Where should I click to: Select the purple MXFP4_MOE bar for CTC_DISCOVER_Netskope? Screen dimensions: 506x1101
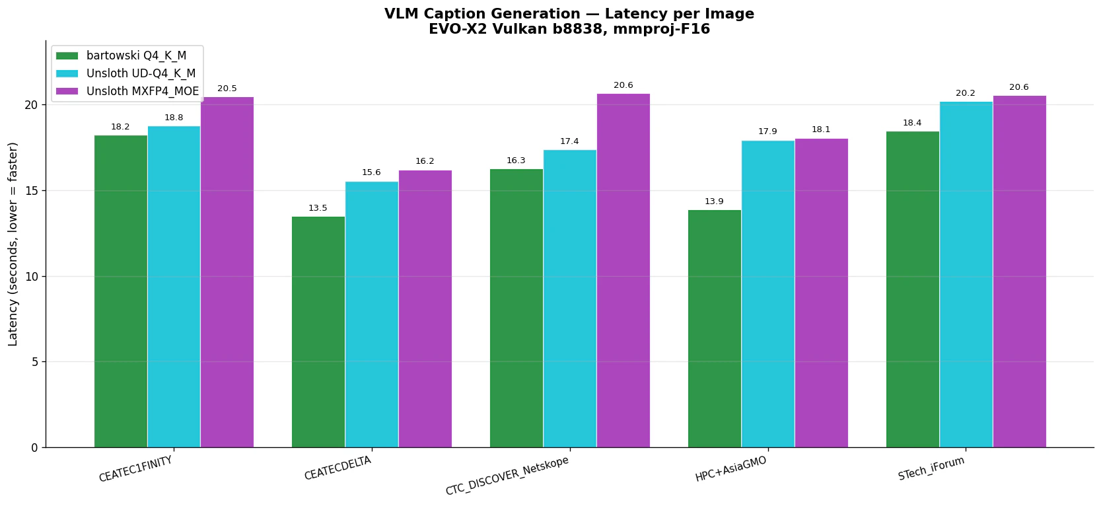[x=623, y=270]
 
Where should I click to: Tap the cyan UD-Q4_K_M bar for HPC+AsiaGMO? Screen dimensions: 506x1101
[x=767, y=294]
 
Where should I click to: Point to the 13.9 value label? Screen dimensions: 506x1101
[x=714, y=201]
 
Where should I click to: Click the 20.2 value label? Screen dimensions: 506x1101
[x=965, y=93]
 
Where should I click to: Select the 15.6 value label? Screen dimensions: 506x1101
[x=371, y=172]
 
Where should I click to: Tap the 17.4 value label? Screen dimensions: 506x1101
[x=569, y=141]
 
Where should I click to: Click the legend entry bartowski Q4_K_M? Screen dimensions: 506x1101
[x=136, y=55]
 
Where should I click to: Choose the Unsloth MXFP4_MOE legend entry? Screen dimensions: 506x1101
[x=142, y=91]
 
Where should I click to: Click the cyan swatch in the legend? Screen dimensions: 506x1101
[x=67, y=73]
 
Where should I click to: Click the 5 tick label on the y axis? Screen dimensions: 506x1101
[x=34, y=362]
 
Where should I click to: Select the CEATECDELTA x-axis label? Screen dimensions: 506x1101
[x=337, y=468]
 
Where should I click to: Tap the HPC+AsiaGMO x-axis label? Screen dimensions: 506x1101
[x=730, y=469]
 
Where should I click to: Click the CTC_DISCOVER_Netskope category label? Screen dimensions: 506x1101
[x=507, y=476]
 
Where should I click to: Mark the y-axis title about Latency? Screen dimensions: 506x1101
[x=13, y=244]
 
